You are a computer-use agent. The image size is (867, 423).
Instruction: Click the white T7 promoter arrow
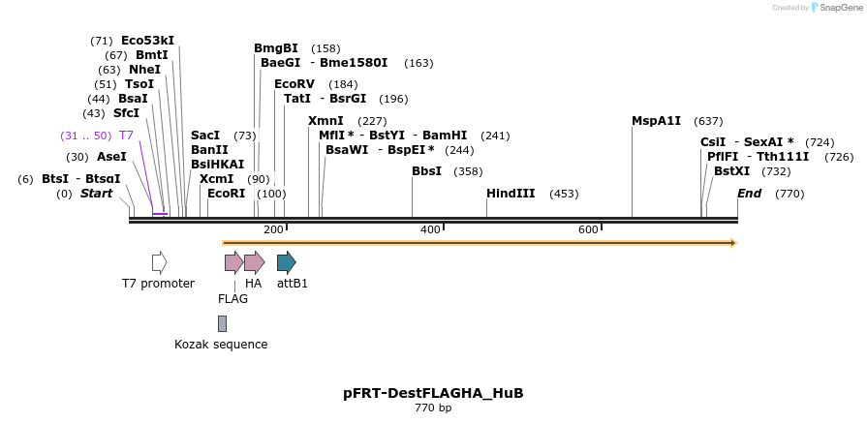(x=159, y=261)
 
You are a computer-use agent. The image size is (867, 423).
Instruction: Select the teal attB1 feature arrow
(x=286, y=261)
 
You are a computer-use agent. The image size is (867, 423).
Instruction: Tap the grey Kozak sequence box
(x=222, y=323)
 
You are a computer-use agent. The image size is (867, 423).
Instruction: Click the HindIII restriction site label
(x=511, y=194)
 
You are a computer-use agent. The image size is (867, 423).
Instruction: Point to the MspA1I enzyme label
(x=656, y=121)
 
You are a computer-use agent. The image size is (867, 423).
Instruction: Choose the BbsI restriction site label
(x=426, y=171)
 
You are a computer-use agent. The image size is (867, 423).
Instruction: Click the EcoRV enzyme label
(x=294, y=84)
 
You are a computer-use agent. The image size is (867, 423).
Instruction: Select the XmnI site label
(x=325, y=121)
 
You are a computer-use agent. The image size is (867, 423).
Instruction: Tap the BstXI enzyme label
(x=731, y=171)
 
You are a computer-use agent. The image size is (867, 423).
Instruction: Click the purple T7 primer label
(x=126, y=136)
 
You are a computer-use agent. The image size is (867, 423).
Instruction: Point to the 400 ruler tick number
(x=430, y=229)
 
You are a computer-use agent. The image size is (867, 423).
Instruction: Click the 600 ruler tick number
(x=588, y=229)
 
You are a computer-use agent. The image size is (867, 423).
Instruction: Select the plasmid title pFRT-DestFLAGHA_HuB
(x=433, y=393)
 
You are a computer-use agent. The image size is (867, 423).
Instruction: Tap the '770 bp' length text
(x=433, y=408)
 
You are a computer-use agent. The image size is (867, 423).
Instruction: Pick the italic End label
(x=749, y=194)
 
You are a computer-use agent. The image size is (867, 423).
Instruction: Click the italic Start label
(x=96, y=194)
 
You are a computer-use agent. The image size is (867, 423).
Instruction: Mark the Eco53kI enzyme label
(x=147, y=41)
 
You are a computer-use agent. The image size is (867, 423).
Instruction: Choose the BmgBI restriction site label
(x=276, y=48)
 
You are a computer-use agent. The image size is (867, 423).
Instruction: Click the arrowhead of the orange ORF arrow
(x=733, y=242)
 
